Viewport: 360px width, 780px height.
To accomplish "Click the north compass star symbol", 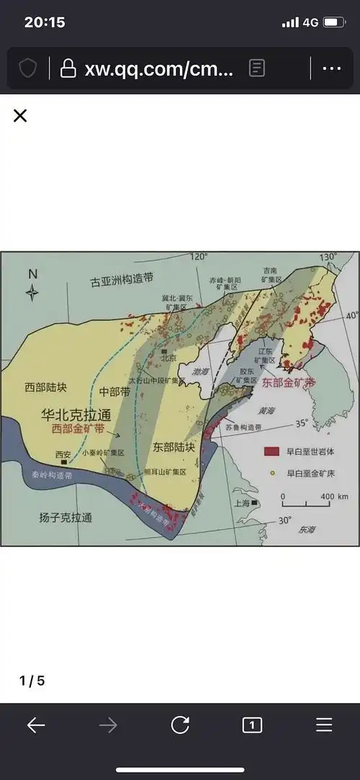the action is (32, 292).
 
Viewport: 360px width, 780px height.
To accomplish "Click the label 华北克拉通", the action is (70, 416).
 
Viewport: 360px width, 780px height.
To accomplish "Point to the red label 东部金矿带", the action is (288, 383).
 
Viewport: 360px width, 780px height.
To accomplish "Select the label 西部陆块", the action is (45, 387).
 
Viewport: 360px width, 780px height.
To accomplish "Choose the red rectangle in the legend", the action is (271, 452).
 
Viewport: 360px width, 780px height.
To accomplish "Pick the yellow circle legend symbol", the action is (271, 473).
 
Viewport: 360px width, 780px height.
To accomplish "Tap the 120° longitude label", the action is (199, 256).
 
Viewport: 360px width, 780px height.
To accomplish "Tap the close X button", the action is (20, 116).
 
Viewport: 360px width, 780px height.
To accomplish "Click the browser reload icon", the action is (180, 725).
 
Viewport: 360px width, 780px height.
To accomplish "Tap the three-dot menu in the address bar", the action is (331, 68).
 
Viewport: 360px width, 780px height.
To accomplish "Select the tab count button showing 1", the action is (252, 725).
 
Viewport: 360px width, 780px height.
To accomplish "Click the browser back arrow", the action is (36, 725).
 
